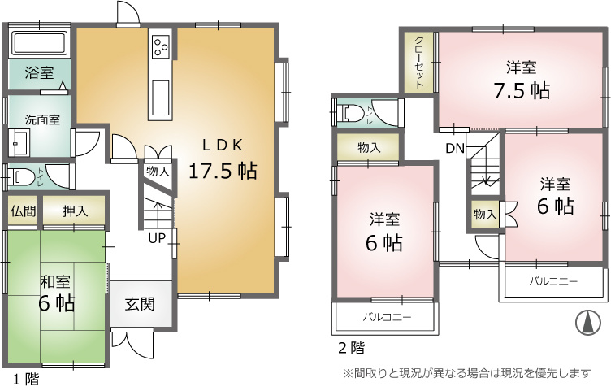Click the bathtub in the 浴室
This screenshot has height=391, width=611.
(x=40, y=43)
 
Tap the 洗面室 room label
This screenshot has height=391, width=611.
(x=42, y=119)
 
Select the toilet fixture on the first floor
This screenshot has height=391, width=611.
(x=19, y=177)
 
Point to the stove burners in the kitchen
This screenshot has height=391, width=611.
(x=161, y=46)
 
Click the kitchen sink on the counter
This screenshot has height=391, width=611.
(x=161, y=98)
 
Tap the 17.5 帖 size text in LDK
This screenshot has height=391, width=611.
(x=223, y=171)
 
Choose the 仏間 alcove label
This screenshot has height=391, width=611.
(x=24, y=211)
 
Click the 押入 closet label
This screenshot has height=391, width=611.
(x=76, y=211)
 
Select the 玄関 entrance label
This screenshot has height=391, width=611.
(x=140, y=304)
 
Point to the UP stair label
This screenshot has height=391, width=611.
(x=157, y=238)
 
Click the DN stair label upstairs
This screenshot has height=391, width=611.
(x=455, y=148)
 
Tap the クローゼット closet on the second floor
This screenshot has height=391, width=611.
(x=419, y=63)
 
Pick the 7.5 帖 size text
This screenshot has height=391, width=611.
(x=522, y=91)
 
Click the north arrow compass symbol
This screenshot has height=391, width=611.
(x=588, y=322)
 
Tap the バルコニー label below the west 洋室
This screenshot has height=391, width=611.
(x=387, y=317)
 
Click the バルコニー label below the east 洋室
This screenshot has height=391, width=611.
(x=553, y=281)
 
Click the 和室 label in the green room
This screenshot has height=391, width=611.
(x=55, y=281)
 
